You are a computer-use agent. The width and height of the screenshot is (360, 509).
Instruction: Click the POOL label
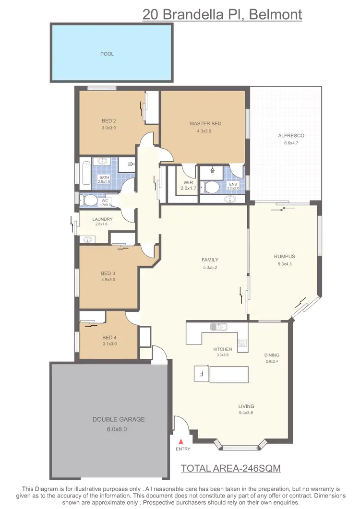pos(107,54)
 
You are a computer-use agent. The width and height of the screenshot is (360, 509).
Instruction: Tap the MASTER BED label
pos(202,123)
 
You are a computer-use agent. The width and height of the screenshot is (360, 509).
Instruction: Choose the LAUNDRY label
pos(103,219)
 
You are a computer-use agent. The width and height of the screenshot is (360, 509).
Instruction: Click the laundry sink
pos(87,239)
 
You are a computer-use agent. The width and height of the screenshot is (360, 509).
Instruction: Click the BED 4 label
pos(109,337)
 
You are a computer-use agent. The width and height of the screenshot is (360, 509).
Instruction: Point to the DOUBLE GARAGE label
pos(112,419)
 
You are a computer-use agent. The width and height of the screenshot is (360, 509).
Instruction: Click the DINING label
pos(272,355)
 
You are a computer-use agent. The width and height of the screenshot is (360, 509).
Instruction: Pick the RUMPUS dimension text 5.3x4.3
pos(285,263)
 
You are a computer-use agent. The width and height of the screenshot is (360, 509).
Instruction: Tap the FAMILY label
pos(210,260)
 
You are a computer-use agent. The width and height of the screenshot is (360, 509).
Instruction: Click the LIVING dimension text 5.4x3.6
pos(246,413)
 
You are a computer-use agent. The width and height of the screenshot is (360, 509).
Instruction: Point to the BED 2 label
pos(109,120)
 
